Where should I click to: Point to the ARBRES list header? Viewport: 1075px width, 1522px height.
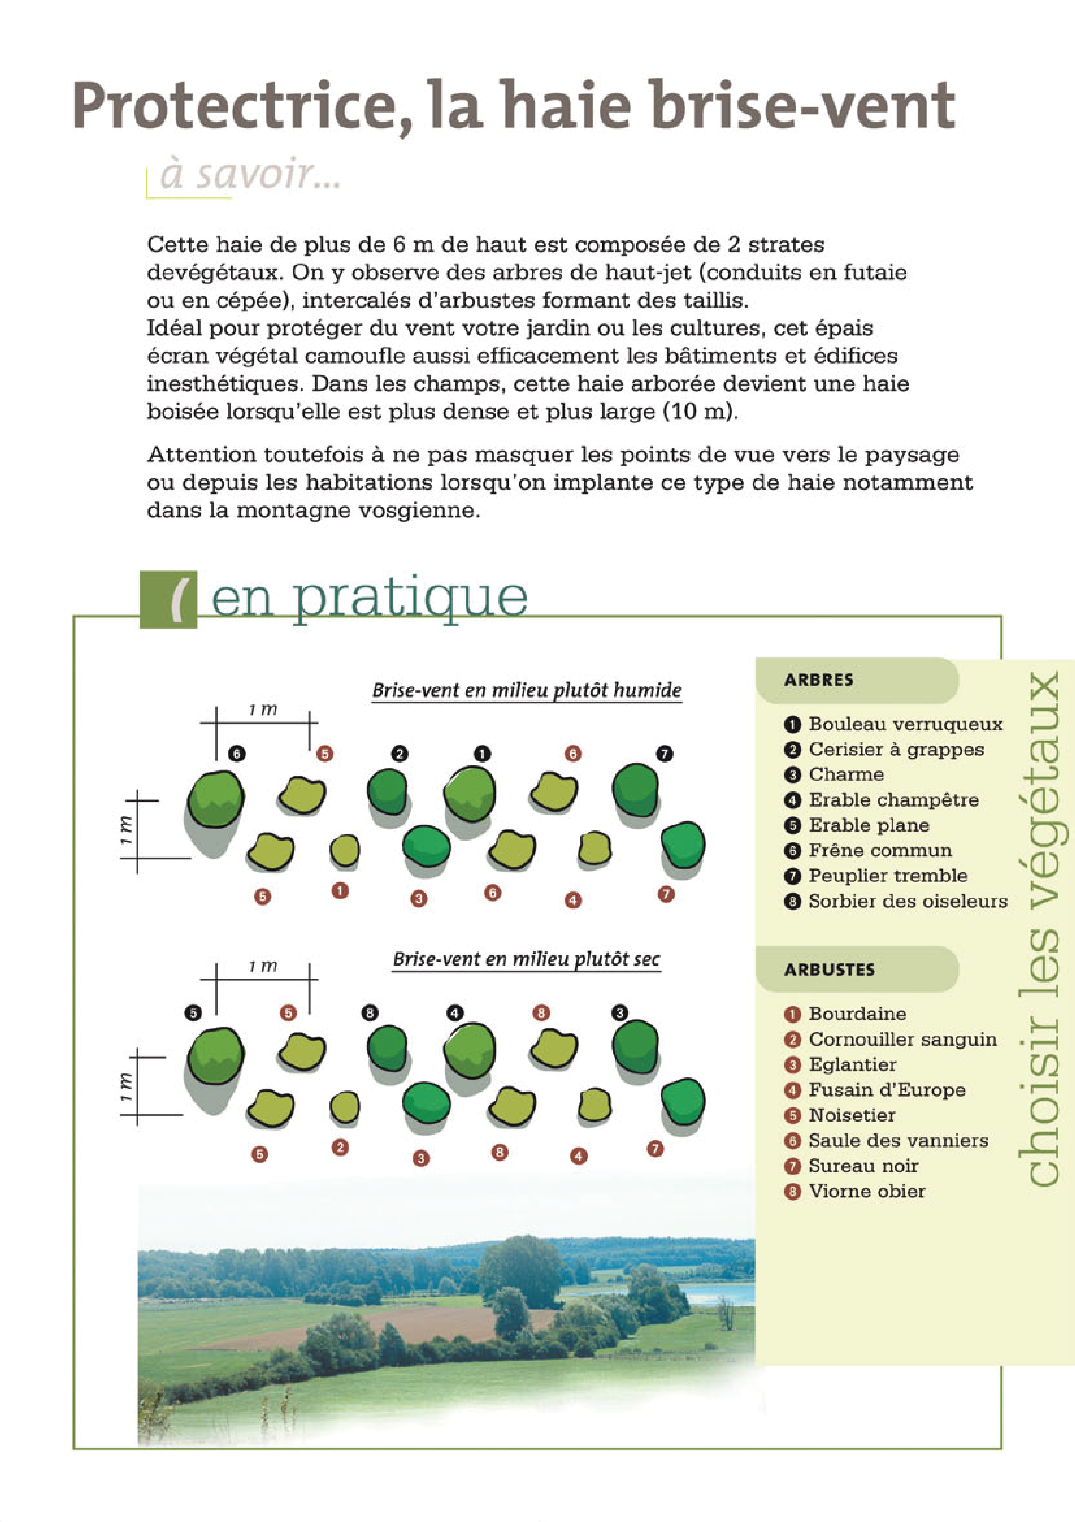819,680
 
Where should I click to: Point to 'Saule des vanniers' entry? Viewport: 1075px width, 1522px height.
898,1141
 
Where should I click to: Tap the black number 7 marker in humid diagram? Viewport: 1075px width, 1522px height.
664,754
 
